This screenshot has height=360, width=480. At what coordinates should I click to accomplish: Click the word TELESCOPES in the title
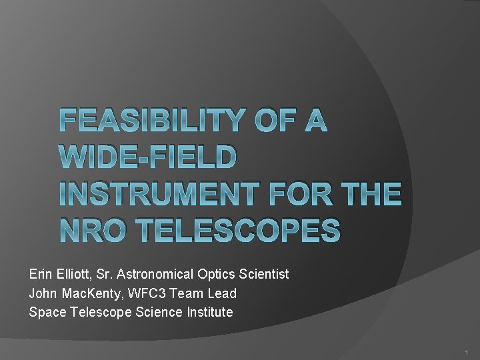tap(241, 231)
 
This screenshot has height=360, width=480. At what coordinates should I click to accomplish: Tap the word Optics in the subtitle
tap(215, 274)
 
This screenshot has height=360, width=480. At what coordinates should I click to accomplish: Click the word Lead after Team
tap(223, 293)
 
